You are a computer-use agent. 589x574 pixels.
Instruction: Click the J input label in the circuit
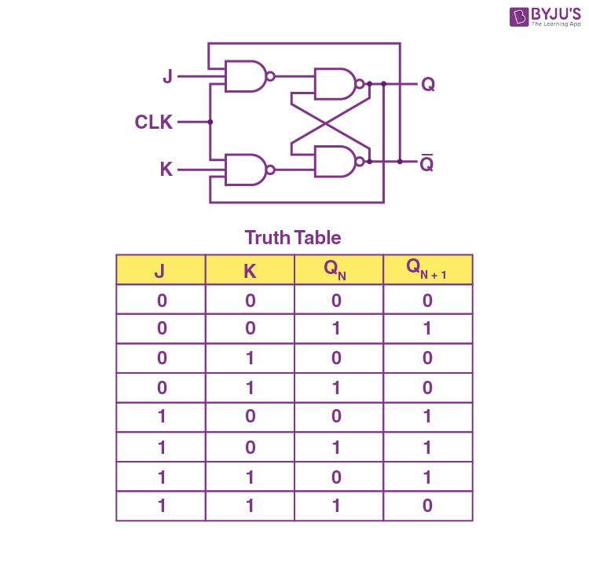click(x=167, y=76)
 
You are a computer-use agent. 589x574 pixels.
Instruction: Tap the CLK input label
click(x=154, y=122)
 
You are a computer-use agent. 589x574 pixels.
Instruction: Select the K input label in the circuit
click(x=166, y=169)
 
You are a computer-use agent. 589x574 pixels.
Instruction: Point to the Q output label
click(x=428, y=84)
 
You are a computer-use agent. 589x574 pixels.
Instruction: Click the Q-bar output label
click(x=426, y=163)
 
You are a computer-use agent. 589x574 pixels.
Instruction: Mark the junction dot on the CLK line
click(x=210, y=122)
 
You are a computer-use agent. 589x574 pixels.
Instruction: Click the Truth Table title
click(x=293, y=238)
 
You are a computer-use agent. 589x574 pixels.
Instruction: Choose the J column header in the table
click(x=161, y=269)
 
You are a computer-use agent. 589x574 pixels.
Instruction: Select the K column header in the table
click(x=250, y=269)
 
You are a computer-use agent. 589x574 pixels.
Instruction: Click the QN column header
click(x=338, y=269)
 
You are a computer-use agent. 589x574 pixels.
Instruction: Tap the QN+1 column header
click(x=428, y=269)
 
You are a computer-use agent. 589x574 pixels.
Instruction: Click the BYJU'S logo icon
click(x=519, y=17)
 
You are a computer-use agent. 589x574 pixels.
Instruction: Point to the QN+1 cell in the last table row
click(x=428, y=506)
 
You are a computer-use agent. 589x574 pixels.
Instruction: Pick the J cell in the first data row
click(x=161, y=300)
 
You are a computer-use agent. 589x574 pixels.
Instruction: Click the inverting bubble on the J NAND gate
click(x=270, y=77)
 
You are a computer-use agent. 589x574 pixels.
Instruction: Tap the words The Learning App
click(x=556, y=24)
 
